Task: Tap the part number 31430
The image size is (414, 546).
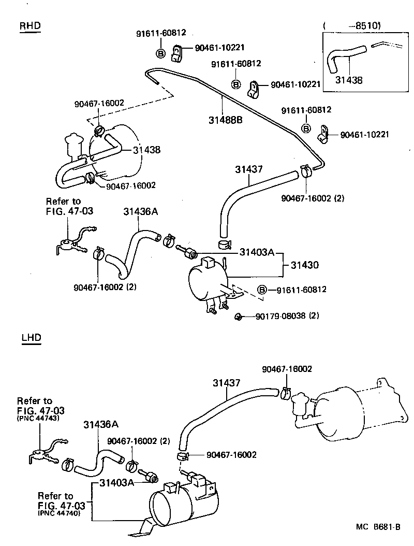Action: point(304,265)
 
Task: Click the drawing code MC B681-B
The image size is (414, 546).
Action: point(378,527)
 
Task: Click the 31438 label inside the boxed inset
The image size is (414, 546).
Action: point(349,80)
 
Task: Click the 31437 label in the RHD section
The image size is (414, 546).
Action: point(249,169)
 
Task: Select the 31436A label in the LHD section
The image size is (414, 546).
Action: point(101,424)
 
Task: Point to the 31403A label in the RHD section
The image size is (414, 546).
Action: point(256,252)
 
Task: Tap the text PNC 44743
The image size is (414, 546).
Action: point(37,418)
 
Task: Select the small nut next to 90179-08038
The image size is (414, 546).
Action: point(239,316)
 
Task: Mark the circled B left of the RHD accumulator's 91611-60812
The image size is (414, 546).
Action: point(262,290)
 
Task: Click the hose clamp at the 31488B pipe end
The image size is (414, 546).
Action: point(306,170)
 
